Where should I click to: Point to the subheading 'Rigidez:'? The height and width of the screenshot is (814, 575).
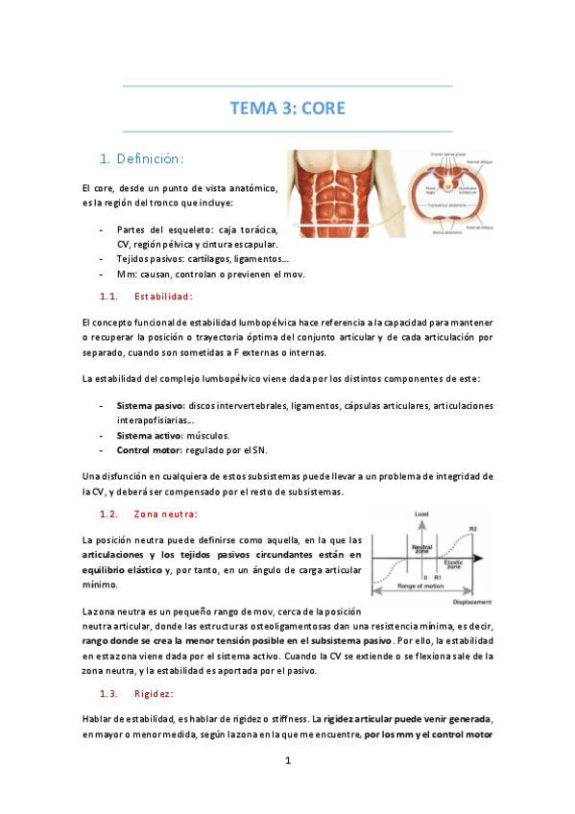tap(155, 693)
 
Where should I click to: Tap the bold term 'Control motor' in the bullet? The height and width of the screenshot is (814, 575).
tap(151, 449)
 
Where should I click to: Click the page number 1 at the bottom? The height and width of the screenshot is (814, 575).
tap(288, 761)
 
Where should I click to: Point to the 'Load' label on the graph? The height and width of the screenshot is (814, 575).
tap(421, 515)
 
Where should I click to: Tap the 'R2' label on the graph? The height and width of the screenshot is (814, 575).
tap(472, 528)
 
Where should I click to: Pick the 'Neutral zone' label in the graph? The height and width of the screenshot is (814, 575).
tap(421, 549)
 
